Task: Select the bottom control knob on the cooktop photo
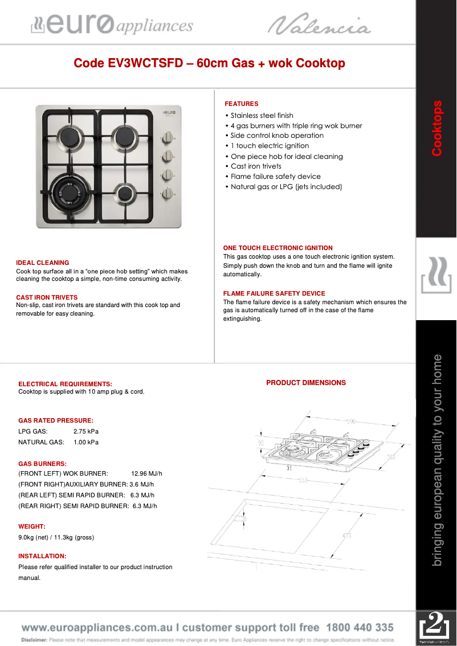pyautogui.click(x=168, y=194)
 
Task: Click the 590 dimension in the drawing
pyautogui.click(x=351, y=421)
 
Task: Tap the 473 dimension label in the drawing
pyautogui.click(x=346, y=535)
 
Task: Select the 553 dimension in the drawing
pyautogui.click(x=302, y=480)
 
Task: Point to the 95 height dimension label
pyautogui.click(x=261, y=442)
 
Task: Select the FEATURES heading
pyautogui.click(x=241, y=104)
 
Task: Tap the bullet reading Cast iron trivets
pyautogui.click(x=256, y=166)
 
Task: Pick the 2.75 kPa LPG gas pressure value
pyautogui.click(x=85, y=431)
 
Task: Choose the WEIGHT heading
pyautogui.click(x=31, y=526)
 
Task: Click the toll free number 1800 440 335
pyautogui.click(x=360, y=627)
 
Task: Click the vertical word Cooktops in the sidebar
pyautogui.click(x=436, y=128)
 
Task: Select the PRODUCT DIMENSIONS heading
pyautogui.click(x=306, y=383)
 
